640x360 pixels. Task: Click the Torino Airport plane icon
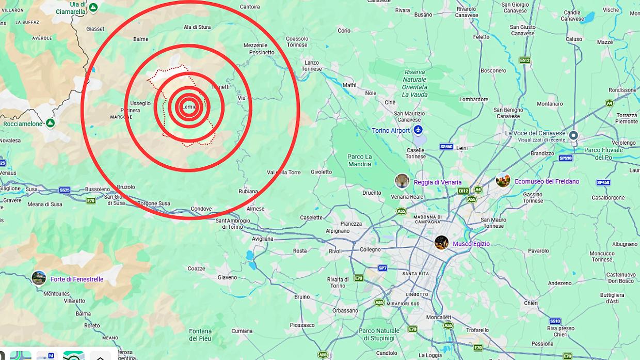click(x=418, y=130)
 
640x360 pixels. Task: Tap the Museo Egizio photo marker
click(x=441, y=242)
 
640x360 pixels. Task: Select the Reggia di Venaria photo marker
click(x=402, y=181)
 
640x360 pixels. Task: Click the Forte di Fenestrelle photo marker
click(x=39, y=278)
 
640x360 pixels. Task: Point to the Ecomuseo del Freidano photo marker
click(x=503, y=180)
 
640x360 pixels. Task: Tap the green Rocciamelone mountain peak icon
click(x=50, y=123)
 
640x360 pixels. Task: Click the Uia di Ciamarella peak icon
click(x=93, y=7)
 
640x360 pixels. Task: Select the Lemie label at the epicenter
click(x=189, y=107)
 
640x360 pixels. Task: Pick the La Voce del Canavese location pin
click(x=573, y=135)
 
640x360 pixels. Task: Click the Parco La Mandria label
click(x=360, y=160)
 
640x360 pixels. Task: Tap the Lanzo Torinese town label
click(x=312, y=66)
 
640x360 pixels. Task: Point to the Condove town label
click(x=201, y=209)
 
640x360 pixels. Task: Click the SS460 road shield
click(x=446, y=147)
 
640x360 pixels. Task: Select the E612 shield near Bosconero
click(x=524, y=60)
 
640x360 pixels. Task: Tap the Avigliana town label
click(x=263, y=239)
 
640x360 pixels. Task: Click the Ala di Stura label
click(x=197, y=27)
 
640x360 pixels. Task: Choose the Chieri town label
click(x=531, y=303)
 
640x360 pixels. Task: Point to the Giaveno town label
click(x=227, y=277)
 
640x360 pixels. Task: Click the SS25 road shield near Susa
click(x=64, y=190)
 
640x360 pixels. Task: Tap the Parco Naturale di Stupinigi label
click(x=379, y=334)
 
